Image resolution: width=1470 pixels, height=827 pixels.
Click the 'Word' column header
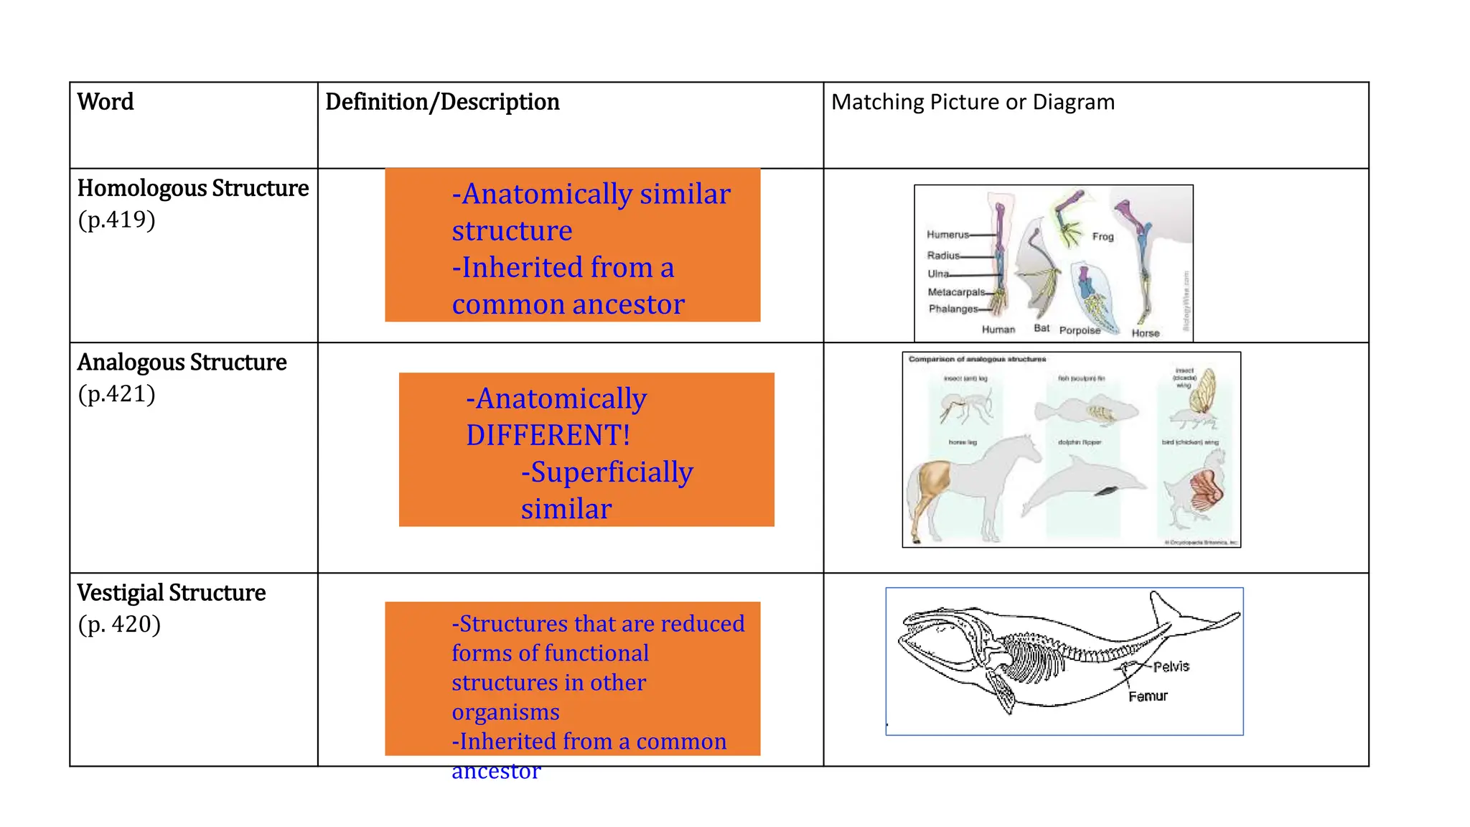[106, 102]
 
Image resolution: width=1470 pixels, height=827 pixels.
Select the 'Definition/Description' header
[442, 102]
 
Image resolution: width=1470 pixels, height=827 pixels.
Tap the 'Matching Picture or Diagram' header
[973, 102]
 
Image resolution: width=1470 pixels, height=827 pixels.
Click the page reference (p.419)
[116, 220]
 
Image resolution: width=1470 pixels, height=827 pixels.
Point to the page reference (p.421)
[116, 394]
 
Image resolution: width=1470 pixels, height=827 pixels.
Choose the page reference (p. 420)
[119, 625]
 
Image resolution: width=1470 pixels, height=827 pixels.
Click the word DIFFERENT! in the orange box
[548, 436]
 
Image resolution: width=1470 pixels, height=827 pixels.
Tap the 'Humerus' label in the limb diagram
[947, 235]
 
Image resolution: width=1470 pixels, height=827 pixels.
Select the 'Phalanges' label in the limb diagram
[952, 309]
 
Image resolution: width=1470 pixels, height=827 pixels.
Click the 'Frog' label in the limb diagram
[1102, 236]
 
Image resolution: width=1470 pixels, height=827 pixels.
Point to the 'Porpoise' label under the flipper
[1080, 330]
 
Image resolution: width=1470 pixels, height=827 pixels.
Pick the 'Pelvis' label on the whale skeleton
[1171, 666]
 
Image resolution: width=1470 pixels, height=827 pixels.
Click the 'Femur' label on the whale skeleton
[1148, 696]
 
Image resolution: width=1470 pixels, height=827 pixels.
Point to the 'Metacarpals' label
[956, 292]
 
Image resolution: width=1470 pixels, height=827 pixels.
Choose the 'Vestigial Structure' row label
[172, 593]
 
